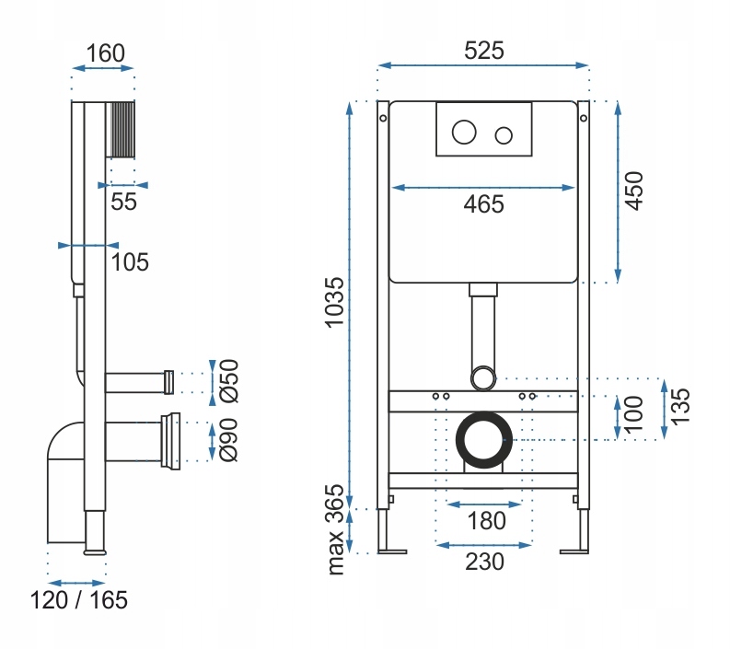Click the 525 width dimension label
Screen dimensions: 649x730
click(x=483, y=52)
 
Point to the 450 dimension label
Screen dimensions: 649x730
click(x=634, y=191)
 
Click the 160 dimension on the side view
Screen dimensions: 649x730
click(x=105, y=52)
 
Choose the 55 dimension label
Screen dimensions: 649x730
click(x=123, y=202)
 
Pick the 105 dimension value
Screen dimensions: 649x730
click(x=130, y=261)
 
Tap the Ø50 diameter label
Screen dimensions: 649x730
click(x=230, y=380)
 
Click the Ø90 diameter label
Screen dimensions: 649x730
click(x=230, y=441)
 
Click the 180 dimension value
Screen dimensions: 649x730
click(x=485, y=521)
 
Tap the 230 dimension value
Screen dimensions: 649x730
click(x=485, y=561)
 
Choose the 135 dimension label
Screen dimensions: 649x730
click(x=680, y=407)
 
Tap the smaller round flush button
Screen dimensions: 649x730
click(x=503, y=136)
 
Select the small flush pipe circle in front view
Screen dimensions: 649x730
click(x=483, y=377)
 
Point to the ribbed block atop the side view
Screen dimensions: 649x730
click(x=122, y=129)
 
